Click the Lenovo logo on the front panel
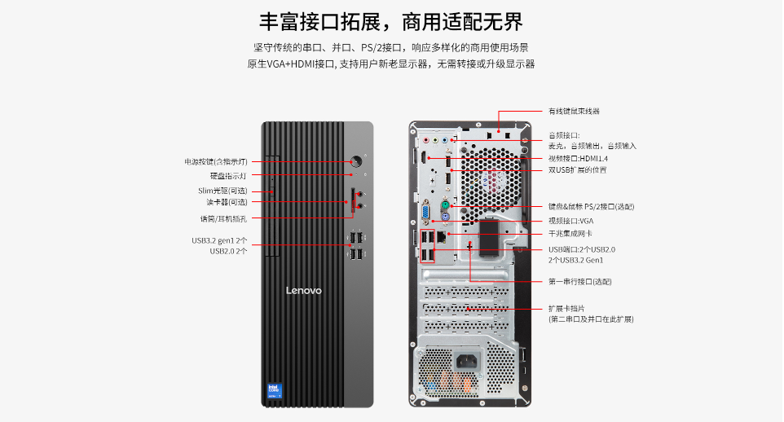coord(303,291)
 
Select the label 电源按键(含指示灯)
coord(215,161)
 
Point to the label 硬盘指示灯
coord(228,175)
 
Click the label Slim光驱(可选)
coord(222,191)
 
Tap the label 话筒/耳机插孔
coord(223,218)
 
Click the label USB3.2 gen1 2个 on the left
coord(219,240)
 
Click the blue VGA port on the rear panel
coord(425,213)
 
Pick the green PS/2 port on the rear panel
coord(446,204)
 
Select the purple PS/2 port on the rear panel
coord(446,216)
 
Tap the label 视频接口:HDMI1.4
coord(578,158)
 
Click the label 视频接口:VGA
coord(570,221)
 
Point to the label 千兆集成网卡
coord(570,234)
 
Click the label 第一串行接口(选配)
coord(579,281)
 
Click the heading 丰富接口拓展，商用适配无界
coord(391,21)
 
